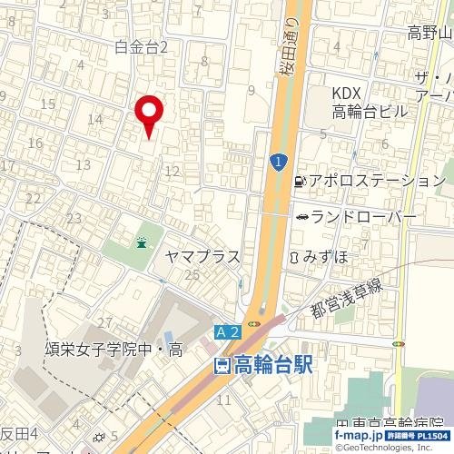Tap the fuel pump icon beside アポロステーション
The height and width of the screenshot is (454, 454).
point(299,181)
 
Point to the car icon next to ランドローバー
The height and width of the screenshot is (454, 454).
point(301,217)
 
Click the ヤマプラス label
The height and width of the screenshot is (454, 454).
point(202,257)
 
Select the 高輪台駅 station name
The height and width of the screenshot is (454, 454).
point(273,366)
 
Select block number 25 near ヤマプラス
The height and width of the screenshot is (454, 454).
point(192,275)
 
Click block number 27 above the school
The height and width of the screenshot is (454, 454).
point(104,323)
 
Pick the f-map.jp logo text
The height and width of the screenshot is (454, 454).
point(358,437)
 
